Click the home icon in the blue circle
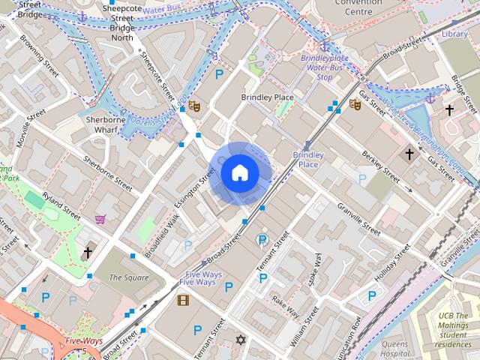(x=240, y=173)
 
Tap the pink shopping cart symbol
(x=100, y=219)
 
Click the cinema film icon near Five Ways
(x=183, y=301)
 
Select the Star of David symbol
(x=241, y=340)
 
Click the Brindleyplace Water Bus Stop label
(x=325, y=67)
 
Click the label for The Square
(x=124, y=277)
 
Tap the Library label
(x=455, y=34)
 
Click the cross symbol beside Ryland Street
(x=88, y=253)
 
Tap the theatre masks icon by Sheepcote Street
(x=193, y=106)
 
